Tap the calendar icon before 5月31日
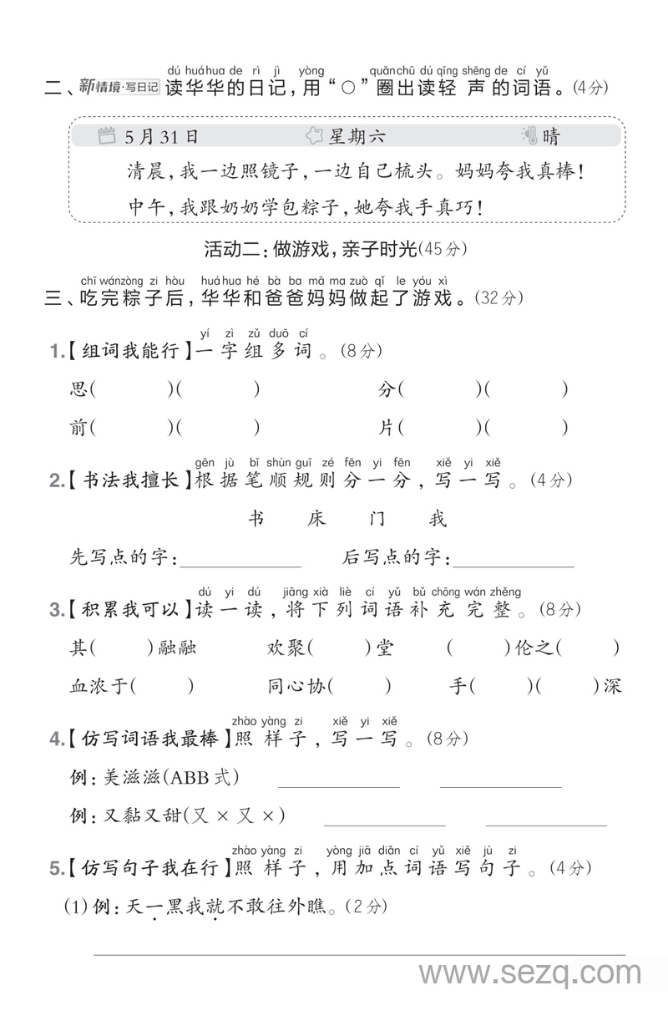pos(106,136)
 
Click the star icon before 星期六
pos(314,136)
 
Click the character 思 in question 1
pos(78,389)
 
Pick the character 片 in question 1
pos(386,428)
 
